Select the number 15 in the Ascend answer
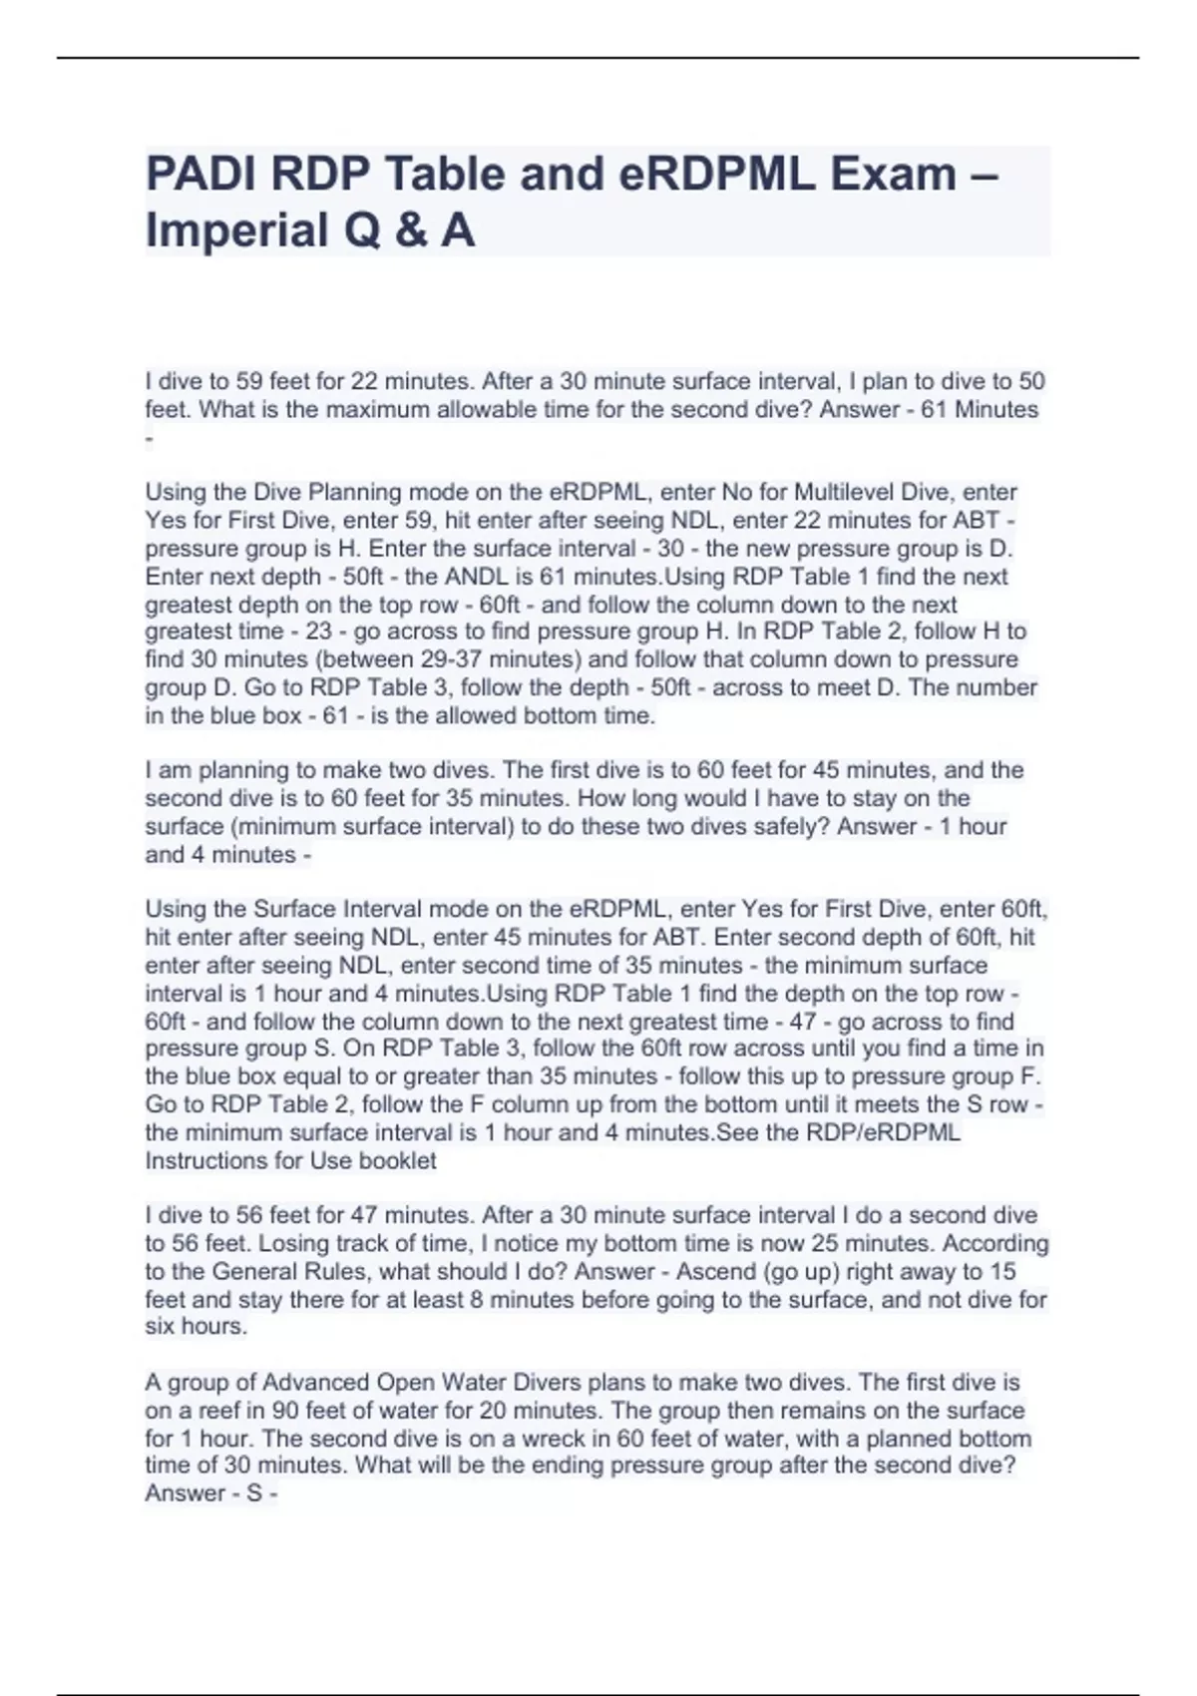[x=1000, y=1271]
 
